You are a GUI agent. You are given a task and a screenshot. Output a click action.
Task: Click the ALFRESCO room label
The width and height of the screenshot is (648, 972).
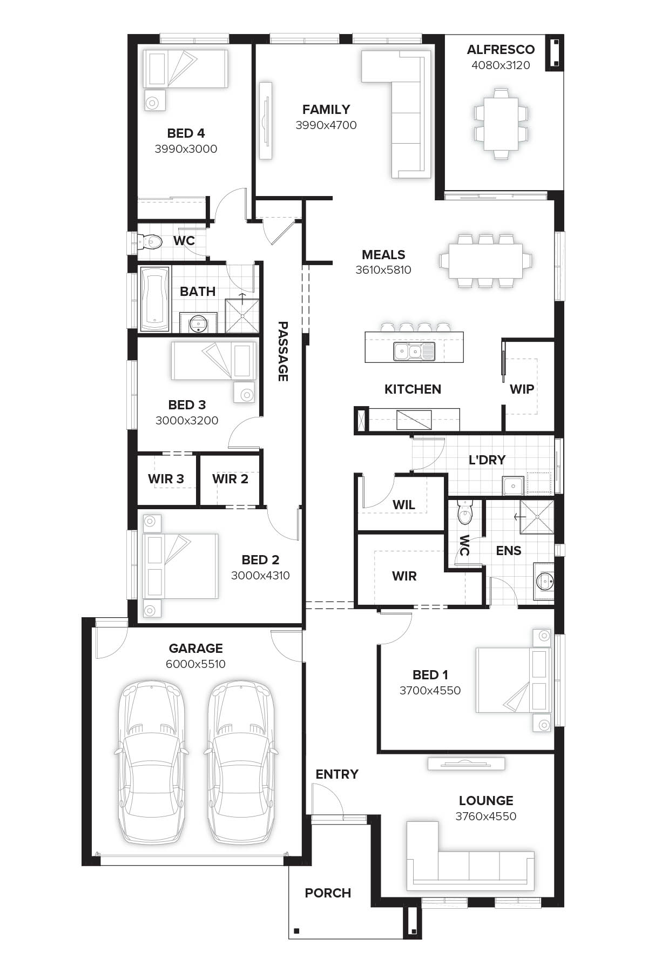[x=501, y=50]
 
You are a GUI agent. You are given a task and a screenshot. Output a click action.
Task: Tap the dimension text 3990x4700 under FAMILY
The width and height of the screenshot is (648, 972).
[x=326, y=125]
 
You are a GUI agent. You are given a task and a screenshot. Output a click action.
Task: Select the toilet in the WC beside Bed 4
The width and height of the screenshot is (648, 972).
[x=151, y=242]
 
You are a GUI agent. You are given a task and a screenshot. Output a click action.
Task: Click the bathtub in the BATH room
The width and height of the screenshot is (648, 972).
[x=154, y=299]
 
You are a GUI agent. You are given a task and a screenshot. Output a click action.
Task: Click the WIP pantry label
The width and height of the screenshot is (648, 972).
[x=522, y=389]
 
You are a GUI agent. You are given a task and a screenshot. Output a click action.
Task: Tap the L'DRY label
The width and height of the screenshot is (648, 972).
[x=487, y=460]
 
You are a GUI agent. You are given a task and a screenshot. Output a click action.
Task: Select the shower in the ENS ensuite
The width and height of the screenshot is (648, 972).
[x=537, y=517]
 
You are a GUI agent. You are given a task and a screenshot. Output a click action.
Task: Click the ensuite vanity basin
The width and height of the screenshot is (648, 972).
[x=544, y=582]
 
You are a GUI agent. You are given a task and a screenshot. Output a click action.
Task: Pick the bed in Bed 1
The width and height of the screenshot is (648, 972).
[x=513, y=680]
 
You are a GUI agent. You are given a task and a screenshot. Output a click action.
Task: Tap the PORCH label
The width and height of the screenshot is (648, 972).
[x=328, y=893]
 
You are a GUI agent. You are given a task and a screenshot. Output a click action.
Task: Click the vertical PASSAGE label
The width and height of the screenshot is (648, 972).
[x=282, y=351]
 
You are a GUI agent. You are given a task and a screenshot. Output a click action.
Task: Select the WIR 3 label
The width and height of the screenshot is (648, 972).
[x=166, y=479]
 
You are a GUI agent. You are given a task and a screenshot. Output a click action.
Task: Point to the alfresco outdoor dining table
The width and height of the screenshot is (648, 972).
[x=501, y=124]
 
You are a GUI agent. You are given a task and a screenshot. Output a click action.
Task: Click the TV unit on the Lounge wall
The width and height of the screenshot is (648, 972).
[x=466, y=763]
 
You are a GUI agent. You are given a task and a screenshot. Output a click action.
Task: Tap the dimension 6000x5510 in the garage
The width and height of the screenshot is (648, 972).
[x=195, y=664]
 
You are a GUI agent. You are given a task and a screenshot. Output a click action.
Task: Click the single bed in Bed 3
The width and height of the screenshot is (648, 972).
[x=214, y=361]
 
